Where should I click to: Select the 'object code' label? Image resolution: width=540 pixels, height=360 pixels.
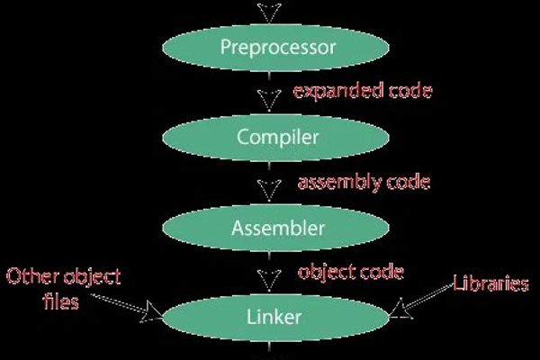click(350, 271)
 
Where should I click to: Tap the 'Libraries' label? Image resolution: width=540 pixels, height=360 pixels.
click(490, 284)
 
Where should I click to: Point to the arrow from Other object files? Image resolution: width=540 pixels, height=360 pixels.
click(126, 306)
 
